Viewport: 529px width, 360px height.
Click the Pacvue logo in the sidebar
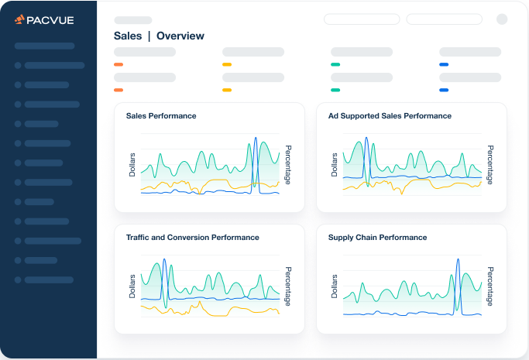click(x=44, y=20)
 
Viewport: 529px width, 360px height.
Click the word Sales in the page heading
click(x=128, y=36)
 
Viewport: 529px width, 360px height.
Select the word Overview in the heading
click(x=180, y=36)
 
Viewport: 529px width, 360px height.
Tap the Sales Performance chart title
click(x=161, y=116)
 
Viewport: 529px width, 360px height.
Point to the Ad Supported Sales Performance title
click(x=390, y=116)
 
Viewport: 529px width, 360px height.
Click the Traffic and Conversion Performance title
click(x=193, y=238)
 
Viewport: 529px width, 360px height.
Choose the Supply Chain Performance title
click(x=377, y=238)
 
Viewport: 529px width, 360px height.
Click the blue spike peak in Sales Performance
click(x=256, y=138)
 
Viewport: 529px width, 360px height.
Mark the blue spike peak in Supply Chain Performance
click(x=458, y=259)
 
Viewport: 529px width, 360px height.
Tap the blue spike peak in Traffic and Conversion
click(x=164, y=259)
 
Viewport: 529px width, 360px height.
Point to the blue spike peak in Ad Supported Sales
click(x=366, y=138)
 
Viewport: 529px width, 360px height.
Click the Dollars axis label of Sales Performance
click(x=132, y=165)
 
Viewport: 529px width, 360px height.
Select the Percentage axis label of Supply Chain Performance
click(x=490, y=286)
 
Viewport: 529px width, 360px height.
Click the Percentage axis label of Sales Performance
click(x=288, y=165)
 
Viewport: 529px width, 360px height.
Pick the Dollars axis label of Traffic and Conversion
click(x=132, y=286)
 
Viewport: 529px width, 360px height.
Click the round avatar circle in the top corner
click(x=502, y=19)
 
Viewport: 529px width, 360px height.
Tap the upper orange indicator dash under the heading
click(x=119, y=64)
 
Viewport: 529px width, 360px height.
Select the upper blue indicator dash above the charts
click(x=444, y=64)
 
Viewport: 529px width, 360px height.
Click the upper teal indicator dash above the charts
click(x=335, y=64)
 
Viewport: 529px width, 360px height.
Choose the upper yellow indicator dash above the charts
click(x=227, y=64)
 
